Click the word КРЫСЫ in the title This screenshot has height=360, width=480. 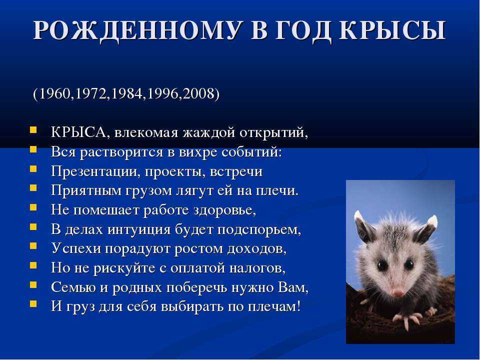tap(392, 30)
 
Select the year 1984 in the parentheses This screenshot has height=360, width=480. tap(127, 93)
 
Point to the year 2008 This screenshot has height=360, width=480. tap(198, 93)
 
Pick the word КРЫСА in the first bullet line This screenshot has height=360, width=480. tap(78, 132)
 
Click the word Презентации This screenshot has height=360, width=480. tap(93, 171)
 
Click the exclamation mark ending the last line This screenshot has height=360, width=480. tap(298, 306)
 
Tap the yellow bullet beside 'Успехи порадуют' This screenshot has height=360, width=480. tap(33, 245)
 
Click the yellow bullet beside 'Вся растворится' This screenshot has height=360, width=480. tap(33, 149)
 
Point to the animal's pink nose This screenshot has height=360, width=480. tap(397, 292)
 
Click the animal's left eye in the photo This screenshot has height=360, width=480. tap(382, 265)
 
